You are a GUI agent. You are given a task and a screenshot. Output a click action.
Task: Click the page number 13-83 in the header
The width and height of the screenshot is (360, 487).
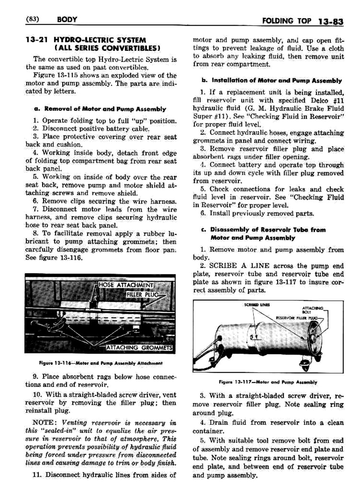(x=330, y=22)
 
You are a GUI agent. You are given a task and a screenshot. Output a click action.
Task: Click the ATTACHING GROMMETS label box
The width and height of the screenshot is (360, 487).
(x=139, y=348)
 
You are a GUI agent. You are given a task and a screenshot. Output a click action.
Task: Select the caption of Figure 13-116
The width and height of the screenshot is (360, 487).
(x=100, y=363)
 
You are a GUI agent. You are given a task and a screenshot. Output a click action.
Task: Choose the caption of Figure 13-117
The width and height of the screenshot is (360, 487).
(x=268, y=382)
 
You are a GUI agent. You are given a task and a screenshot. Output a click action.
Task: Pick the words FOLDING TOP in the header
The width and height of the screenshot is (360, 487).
(x=286, y=22)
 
